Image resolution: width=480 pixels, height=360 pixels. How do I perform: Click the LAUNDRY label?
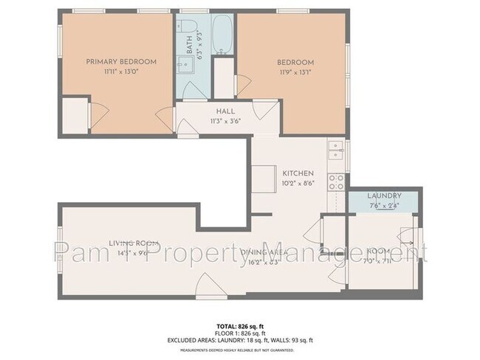(384, 195)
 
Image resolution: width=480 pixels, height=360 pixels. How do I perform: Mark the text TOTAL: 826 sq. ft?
(240, 325)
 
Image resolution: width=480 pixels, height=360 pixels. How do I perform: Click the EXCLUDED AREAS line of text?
(240, 340)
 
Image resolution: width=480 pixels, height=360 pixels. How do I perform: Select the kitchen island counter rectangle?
(264, 178)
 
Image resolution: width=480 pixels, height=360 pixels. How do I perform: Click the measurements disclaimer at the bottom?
(240, 350)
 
